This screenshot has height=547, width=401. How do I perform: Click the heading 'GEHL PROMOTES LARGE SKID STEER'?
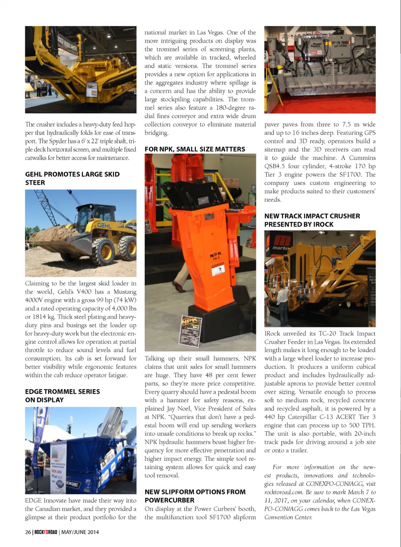[x=72, y=178]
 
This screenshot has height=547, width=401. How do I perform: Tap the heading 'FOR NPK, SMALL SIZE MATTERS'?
[x=195, y=149]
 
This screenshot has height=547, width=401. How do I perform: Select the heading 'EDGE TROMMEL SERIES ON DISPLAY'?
[x=62, y=396]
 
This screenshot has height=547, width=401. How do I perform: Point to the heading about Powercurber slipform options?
[x=195, y=496]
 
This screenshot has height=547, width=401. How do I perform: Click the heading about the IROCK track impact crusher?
[x=312, y=220]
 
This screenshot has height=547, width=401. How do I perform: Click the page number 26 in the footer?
[x=28, y=532]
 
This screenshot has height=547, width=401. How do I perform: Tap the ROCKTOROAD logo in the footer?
[x=46, y=532]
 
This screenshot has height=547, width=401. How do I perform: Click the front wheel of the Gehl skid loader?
[x=103, y=252]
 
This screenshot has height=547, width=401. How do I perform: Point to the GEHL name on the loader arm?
[x=104, y=225]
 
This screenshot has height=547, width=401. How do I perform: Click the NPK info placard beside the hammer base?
[x=190, y=330]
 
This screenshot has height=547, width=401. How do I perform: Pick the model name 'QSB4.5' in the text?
[x=275, y=166]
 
